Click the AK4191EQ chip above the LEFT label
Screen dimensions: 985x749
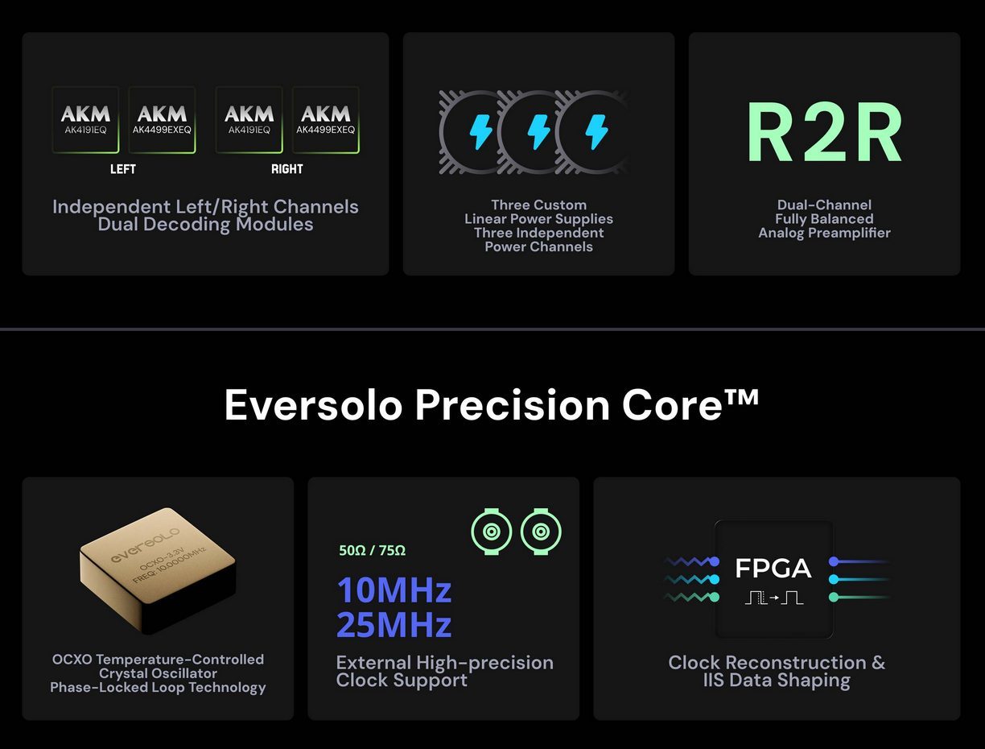(x=85, y=120)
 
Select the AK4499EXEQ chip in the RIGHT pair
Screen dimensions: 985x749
(x=325, y=120)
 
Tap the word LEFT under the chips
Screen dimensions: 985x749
(x=123, y=169)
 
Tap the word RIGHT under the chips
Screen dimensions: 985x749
(x=286, y=169)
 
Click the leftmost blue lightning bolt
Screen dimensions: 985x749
(x=480, y=131)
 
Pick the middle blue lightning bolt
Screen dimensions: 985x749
(x=538, y=131)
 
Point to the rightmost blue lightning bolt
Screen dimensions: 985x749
(x=597, y=131)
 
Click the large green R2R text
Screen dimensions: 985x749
(x=824, y=132)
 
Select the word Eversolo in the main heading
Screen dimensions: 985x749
(x=313, y=405)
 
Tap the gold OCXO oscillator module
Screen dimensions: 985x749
(x=158, y=570)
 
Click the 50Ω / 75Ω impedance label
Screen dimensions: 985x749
(x=372, y=551)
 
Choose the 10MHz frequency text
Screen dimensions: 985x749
(x=394, y=590)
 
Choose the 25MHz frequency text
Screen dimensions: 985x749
(x=394, y=625)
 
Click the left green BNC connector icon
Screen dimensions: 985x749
(x=492, y=532)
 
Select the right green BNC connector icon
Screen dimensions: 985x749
(x=541, y=532)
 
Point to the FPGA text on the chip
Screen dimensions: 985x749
(x=773, y=569)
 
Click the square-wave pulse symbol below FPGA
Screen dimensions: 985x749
(x=773, y=598)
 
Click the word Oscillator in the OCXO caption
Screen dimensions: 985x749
(x=188, y=673)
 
